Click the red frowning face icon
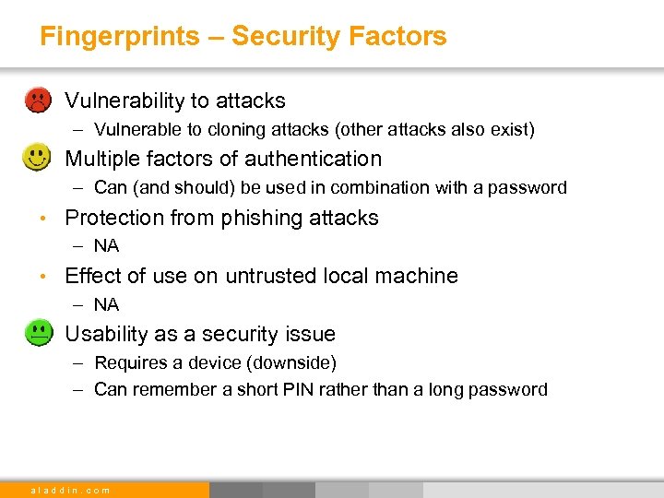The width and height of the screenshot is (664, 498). [x=37, y=100]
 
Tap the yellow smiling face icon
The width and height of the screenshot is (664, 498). [x=37, y=158]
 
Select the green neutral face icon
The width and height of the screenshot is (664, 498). [x=37, y=333]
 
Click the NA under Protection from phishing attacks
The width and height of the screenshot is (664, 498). [x=106, y=246]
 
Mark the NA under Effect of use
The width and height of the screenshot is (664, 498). [x=106, y=304]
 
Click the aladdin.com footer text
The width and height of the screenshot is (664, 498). [x=70, y=490]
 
